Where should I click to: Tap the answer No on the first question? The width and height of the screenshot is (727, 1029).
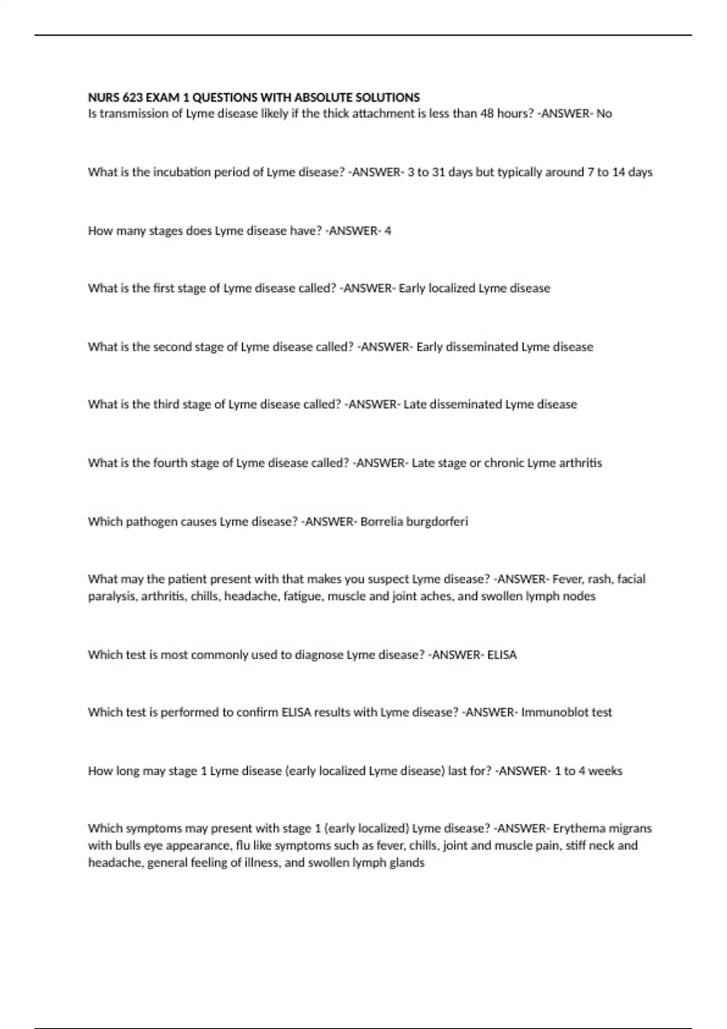click(x=604, y=114)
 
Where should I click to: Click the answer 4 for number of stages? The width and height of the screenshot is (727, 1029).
click(x=388, y=231)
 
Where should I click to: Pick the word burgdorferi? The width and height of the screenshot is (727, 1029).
click(x=437, y=522)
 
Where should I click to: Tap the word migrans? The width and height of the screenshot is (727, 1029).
click(x=629, y=828)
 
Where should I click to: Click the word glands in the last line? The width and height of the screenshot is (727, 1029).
click(x=407, y=863)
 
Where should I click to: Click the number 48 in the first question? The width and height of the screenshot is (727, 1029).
click(x=487, y=114)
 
